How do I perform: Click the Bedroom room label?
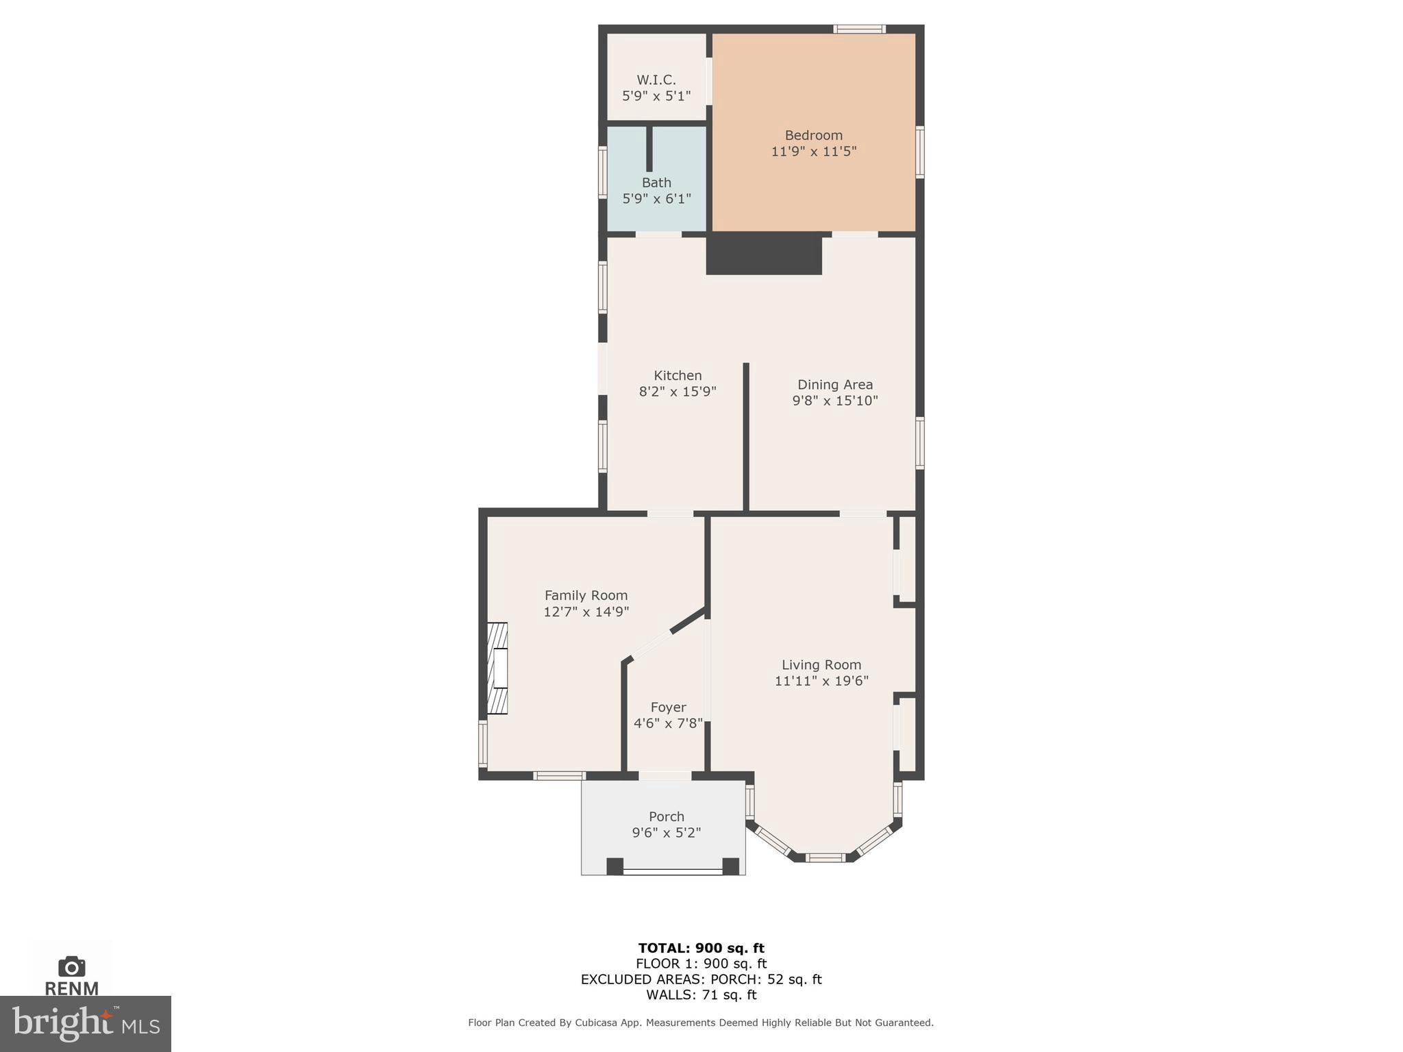pyautogui.click(x=813, y=135)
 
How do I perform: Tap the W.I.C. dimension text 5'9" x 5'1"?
pyautogui.click(x=656, y=96)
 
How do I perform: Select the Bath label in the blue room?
pyautogui.click(x=656, y=183)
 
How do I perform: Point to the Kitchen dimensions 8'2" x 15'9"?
pyautogui.click(x=677, y=392)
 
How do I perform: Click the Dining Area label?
pyautogui.click(x=834, y=384)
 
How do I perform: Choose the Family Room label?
pyautogui.click(x=586, y=595)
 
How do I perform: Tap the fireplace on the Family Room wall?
pyautogui.click(x=497, y=668)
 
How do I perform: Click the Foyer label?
pyautogui.click(x=668, y=707)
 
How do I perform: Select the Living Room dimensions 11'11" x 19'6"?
pyautogui.click(x=821, y=681)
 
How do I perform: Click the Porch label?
pyautogui.click(x=666, y=816)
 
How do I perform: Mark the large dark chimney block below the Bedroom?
pyautogui.click(x=764, y=254)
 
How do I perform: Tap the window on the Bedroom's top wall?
pyautogui.click(x=859, y=29)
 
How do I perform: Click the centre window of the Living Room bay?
pyautogui.click(x=825, y=857)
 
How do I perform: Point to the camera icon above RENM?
pyautogui.click(x=72, y=966)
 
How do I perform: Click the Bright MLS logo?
pyautogui.click(x=86, y=1023)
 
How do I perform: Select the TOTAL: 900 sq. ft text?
pyautogui.click(x=701, y=948)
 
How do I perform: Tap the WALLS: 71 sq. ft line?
pyautogui.click(x=701, y=994)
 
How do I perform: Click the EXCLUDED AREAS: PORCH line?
pyautogui.click(x=701, y=979)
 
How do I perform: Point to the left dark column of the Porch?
pyautogui.click(x=614, y=866)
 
